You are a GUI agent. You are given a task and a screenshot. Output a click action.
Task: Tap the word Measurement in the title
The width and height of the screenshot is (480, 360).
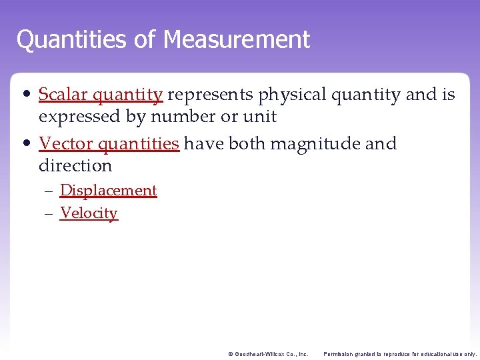(x=237, y=39)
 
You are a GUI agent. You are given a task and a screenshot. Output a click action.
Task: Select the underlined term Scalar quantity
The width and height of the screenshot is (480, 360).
(x=100, y=95)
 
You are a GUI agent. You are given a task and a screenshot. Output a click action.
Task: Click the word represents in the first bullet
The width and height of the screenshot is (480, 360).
(x=210, y=95)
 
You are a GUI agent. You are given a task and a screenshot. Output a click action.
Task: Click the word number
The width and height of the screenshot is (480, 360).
(x=182, y=117)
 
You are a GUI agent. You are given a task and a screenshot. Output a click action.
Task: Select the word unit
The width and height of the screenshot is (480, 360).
(x=260, y=117)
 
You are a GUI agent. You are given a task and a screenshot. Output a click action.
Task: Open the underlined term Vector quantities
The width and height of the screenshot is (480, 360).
(x=109, y=144)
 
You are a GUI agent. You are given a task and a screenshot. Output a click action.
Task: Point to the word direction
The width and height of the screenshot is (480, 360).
(x=75, y=165)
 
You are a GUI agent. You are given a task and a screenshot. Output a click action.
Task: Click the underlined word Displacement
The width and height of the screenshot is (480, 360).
(x=108, y=191)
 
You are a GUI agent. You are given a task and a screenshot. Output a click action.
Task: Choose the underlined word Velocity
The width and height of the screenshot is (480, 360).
(x=89, y=213)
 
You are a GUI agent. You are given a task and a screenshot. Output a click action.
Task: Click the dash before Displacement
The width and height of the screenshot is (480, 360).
(x=49, y=191)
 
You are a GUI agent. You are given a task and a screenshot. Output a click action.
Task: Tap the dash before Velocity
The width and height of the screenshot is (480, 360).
(x=49, y=214)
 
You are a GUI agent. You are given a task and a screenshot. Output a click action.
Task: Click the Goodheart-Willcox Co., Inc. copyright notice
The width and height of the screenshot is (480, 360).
(x=268, y=354)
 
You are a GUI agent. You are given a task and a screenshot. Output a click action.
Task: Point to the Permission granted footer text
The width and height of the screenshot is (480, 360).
(x=400, y=354)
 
